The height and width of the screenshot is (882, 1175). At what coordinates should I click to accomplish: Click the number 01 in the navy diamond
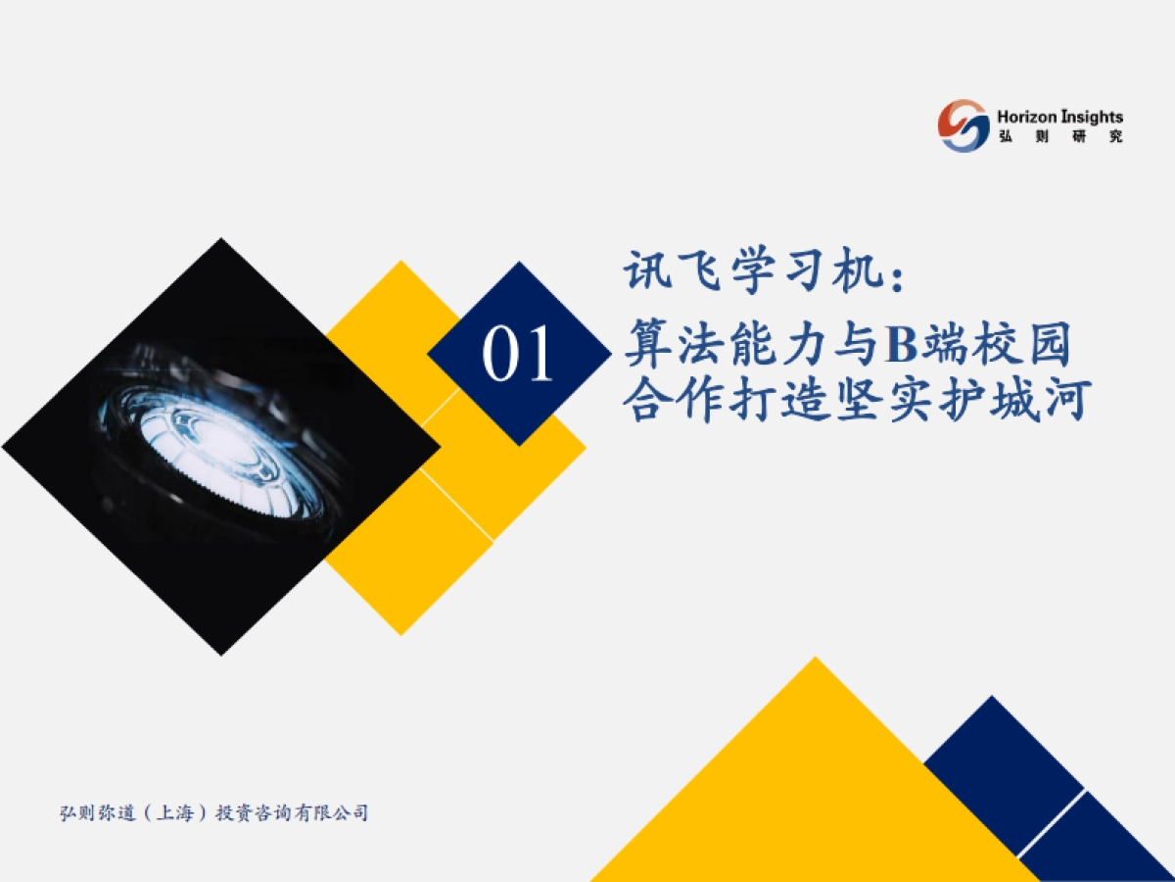click(517, 355)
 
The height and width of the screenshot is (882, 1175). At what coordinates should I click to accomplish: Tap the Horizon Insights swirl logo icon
click(963, 124)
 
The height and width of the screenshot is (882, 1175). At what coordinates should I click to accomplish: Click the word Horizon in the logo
click(1027, 117)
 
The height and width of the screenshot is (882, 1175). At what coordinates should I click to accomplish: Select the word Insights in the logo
click(1091, 117)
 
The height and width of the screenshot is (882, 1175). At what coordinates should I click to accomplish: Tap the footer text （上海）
click(173, 813)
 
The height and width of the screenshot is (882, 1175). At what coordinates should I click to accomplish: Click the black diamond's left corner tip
click(8, 447)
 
